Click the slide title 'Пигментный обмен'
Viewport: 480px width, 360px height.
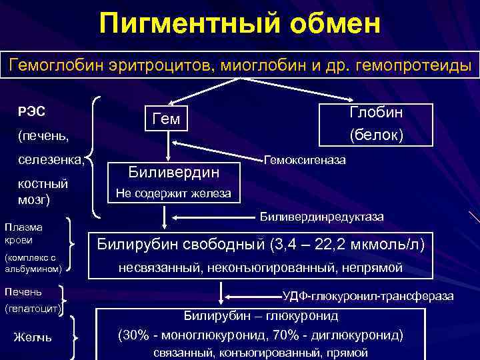240,25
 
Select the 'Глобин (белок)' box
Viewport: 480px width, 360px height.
376,123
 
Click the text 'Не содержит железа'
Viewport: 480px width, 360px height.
173,194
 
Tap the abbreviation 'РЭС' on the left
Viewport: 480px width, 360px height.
31,111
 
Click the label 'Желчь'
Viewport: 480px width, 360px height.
33,338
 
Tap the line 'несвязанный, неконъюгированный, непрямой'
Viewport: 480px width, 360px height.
261,268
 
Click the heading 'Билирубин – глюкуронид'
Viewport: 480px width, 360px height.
261,315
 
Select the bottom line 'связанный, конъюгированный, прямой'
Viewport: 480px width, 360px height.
261,352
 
